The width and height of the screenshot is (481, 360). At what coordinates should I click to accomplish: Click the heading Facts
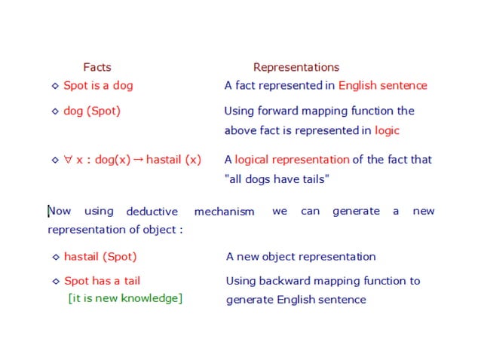[97, 67]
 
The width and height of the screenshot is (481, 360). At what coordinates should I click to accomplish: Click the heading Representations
[296, 67]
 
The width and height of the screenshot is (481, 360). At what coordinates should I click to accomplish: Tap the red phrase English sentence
[382, 85]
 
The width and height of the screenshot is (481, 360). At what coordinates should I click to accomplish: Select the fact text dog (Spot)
[92, 111]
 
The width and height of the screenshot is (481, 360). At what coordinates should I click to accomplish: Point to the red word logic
[387, 130]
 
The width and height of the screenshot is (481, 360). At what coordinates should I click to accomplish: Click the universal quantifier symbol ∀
[68, 160]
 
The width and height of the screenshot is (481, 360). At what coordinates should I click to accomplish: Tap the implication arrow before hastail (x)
[138, 160]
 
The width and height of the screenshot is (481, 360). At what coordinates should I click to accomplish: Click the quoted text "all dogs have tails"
[277, 178]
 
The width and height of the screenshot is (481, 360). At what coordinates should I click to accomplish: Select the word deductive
[152, 212]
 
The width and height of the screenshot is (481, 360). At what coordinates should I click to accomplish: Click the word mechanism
[224, 212]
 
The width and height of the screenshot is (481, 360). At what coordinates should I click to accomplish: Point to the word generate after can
[356, 211]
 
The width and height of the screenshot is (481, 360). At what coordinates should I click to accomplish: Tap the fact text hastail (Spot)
[100, 256]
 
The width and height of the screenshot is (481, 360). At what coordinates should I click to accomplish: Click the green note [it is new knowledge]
[125, 298]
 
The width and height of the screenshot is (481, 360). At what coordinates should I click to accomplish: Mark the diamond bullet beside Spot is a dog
[55, 86]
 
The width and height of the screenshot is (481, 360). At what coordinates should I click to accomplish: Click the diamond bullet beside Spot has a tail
[55, 282]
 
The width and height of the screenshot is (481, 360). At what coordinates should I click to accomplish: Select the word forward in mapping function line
[281, 111]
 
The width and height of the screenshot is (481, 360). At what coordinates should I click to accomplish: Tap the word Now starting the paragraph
[60, 211]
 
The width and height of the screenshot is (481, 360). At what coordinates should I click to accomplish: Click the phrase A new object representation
[300, 256]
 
